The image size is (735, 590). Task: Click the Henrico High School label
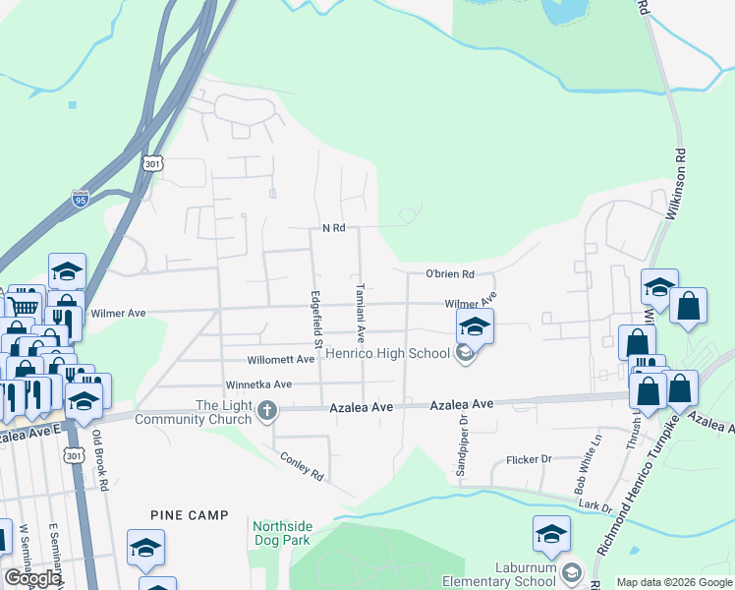pyautogui.click(x=388, y=353)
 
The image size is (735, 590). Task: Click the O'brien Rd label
pyautogui.click(x=450, y=274)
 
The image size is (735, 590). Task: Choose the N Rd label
pyautogui.click(x=334, y=228)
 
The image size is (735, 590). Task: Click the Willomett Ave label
pyautogui.click(x=280, y=360)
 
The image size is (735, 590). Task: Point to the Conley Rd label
pyautogui.click(x=302, y=466)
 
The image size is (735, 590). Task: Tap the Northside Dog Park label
pyautogui.click(x=281, y=533)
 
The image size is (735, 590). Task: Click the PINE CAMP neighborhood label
pyautogui.click(x=190, y=515)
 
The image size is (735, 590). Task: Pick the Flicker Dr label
pyautogui.click(x=530, y=459)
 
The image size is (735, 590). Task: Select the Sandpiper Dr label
pyautogui.click(x=462, y=443)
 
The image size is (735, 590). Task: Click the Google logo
pyautogui.click(x=32, y=578)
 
